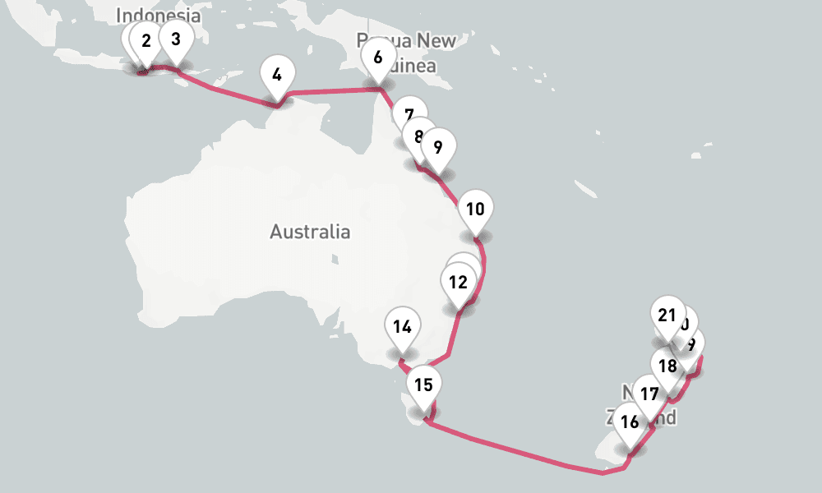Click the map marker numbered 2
(x=146, y=40)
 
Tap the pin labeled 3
(x=176, y=38)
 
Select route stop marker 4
(x=277, y=75)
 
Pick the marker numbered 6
(x=378, y=58)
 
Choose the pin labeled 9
(x=437, y=147)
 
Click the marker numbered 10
(x=475, y=208)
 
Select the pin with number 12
(x=459, y=283)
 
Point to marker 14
(x=402, y=326)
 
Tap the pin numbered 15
(x=423, y=384)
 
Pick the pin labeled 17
(x=649, y=394)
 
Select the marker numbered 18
(x=668, y=366)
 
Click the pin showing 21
(x=667, y=315)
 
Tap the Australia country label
(x=310, y=232)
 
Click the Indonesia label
(x=159, y=15)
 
